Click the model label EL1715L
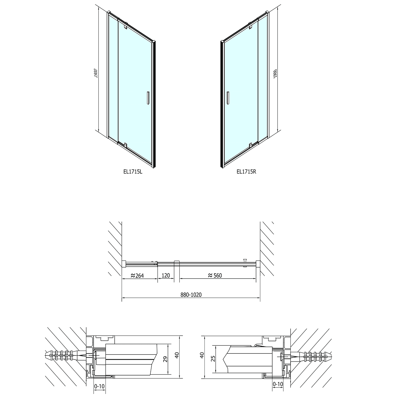click(x=133, y=171)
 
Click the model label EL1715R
click(x=246, y=171)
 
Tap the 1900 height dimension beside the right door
click(x=275, y=73)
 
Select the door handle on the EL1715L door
click(x=148, y=98)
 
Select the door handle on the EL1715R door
click(x=227, y=98)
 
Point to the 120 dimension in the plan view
click(x=166, y=275)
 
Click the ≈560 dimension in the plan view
click(x=215, y=275)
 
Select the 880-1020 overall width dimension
click(x=191, y=295)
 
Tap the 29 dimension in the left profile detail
click(x=166, y=359)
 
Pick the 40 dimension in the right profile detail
click(x=202, y=356)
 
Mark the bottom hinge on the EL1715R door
click(x=250, y=145)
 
